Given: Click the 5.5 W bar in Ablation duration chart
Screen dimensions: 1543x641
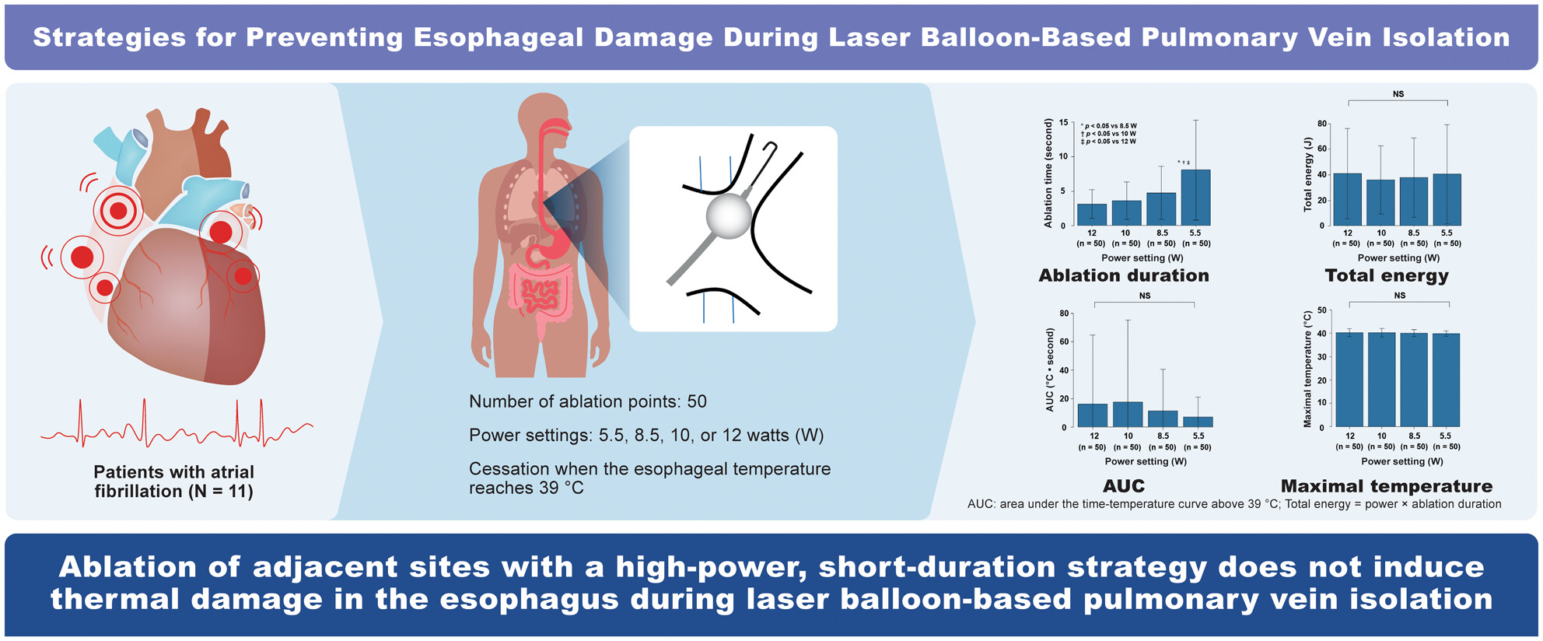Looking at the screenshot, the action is click(1195, 198).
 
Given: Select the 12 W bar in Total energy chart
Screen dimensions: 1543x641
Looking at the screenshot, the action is click(1347, 199).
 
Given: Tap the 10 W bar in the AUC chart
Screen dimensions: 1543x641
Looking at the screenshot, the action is click(1128, 415).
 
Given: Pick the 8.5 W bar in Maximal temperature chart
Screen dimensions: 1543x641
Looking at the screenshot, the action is click(1414, 380).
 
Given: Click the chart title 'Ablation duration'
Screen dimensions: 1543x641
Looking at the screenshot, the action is click(1124, 275).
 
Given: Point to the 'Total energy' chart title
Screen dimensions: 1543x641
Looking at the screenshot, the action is click(1387, 276).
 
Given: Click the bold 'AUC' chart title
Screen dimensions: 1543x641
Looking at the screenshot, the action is click(1124, 486).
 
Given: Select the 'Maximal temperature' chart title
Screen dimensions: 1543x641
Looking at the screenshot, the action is click(1387, 487).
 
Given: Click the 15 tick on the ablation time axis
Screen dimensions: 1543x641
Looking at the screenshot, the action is click(1064, 122).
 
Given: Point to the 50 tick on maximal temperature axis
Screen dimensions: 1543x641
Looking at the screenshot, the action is click(1322, 311).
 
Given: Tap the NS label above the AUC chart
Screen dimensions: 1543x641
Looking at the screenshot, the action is click(1145, 296).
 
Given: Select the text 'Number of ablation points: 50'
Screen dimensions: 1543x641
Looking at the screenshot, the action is click(588, 401).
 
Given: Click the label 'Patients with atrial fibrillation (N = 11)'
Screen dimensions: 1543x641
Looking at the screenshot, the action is click(174, 482).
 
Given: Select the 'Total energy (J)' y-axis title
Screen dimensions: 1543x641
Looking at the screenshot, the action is click(1307, 174).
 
